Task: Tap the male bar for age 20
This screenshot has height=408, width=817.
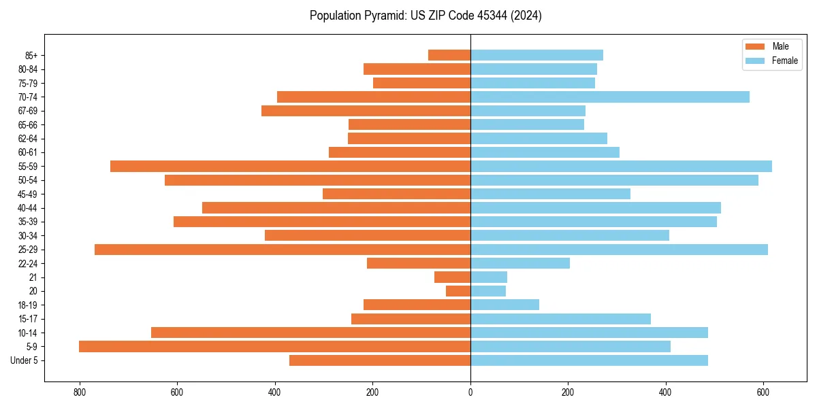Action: (458, 291)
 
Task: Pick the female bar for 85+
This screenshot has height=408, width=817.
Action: (536, 55)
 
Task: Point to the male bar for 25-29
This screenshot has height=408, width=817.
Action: (283, 250)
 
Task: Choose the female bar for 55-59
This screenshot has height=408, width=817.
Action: (621, 167)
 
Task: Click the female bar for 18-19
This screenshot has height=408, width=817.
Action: (504, 305)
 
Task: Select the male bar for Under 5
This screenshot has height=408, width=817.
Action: (380, 360)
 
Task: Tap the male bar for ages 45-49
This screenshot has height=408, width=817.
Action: (396, 194)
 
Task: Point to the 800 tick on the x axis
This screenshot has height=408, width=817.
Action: (80, 393)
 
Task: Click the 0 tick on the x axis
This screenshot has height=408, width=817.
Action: (470, 393)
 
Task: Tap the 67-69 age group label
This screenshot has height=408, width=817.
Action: (29, 111)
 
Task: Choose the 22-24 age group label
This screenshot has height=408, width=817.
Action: (29, 264)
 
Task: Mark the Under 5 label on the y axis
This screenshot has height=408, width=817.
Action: (25, 360)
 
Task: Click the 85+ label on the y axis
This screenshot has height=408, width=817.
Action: (31, 55)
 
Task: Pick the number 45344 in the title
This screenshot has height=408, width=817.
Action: (480, 16)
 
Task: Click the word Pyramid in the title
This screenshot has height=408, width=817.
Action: (381, 16)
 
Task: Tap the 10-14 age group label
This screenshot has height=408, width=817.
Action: (29, 333)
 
